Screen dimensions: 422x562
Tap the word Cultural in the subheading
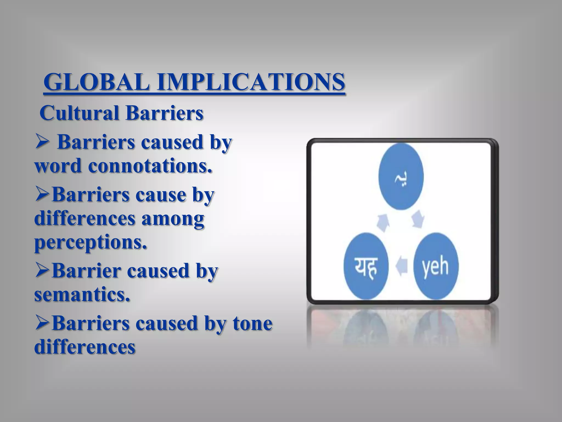[x=80, y=113]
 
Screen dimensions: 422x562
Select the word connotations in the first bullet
[x=150, y=166]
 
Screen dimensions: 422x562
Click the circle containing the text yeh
[x=435, y=266]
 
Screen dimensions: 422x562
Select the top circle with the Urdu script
[x=401, y=176]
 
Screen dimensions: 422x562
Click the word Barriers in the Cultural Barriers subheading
[x=165, y=113]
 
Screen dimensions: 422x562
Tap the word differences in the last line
[x=85, y=347]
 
